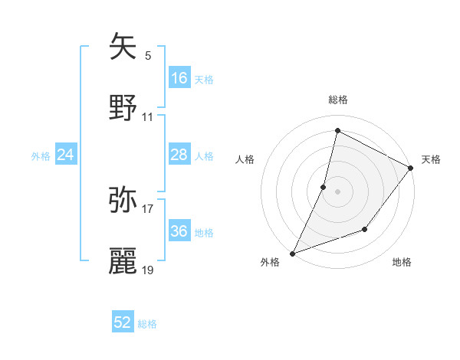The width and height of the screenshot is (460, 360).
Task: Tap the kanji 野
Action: pos(123,108)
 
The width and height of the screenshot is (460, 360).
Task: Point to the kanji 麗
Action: pos(123,260)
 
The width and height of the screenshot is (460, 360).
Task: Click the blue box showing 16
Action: pos(179,78)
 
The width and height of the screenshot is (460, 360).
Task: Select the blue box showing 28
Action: pos(179,155)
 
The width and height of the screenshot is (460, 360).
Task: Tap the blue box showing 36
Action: pos(179,231)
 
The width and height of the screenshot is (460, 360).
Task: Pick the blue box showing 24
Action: pos(66,155)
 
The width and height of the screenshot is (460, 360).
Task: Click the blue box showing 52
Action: pos(123,322)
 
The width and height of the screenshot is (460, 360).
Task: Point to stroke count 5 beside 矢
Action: pos(148,55)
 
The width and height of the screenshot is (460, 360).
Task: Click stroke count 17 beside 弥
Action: pos(148,208)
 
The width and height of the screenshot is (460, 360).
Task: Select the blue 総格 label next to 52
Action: pos(147,324)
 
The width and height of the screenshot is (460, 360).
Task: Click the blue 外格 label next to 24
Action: pos(41,156)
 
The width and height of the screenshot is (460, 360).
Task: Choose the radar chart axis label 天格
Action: pos(431,159)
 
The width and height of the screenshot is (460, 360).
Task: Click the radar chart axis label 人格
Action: pos(245,159)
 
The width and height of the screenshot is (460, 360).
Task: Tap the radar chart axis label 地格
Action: pos(402,263)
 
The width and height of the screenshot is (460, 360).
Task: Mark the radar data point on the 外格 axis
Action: pos(292,253)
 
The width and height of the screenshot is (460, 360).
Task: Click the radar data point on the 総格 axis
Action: pos(337,130)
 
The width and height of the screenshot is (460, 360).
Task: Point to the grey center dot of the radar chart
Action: pos(337,191)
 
